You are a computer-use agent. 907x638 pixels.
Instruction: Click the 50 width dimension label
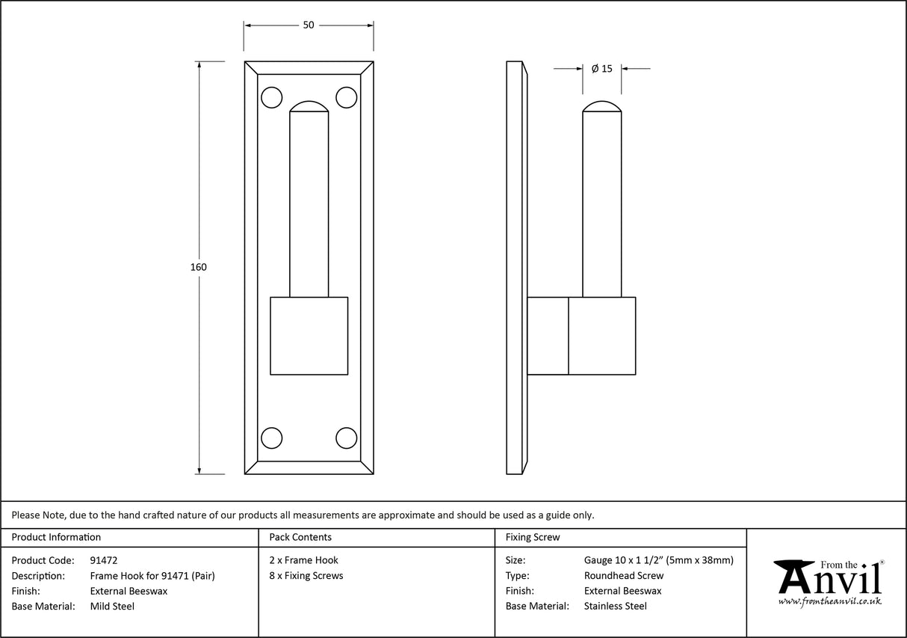(309, 25)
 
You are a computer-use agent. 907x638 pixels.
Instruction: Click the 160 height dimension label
(199, 267)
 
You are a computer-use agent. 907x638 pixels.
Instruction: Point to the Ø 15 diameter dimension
(601, 69)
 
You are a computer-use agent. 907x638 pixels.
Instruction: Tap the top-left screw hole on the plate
(272, 98)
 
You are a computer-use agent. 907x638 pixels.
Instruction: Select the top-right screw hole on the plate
(346, 98)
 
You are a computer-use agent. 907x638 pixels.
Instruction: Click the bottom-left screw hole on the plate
(272, 438)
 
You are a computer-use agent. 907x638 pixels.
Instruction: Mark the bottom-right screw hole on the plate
(346, 438)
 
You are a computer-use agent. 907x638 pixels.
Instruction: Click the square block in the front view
(309, 336)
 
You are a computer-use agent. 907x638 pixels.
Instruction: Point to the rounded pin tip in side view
(601, 107)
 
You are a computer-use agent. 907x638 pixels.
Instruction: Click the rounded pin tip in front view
(309, 107)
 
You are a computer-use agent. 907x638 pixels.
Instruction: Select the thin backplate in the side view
(514, 267)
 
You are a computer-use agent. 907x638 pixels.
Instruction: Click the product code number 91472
(103, 560)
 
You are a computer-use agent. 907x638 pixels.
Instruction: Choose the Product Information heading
(56, 537)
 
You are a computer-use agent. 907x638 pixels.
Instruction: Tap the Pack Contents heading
(300, 537)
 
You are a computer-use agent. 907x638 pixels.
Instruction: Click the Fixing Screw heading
(533, 537)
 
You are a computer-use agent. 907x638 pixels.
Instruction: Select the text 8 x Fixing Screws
(306, 576)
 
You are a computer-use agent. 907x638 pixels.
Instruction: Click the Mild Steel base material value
(112, 607)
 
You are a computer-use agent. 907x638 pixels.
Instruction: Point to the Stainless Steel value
(616, 607)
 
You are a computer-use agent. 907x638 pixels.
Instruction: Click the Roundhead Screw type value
(624, 576)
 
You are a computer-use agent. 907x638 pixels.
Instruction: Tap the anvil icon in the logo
(795, 576)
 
